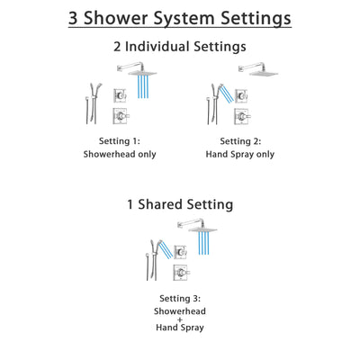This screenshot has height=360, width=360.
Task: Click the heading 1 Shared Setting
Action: (x=179, y=204)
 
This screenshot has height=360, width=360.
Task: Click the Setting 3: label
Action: (x=179, y=298)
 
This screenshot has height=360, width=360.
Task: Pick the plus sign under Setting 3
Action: (x=179, y=319)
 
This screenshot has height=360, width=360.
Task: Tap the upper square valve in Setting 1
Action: (x=120, y=96)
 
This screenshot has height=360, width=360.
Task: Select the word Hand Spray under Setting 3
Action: (x=179, y=329)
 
